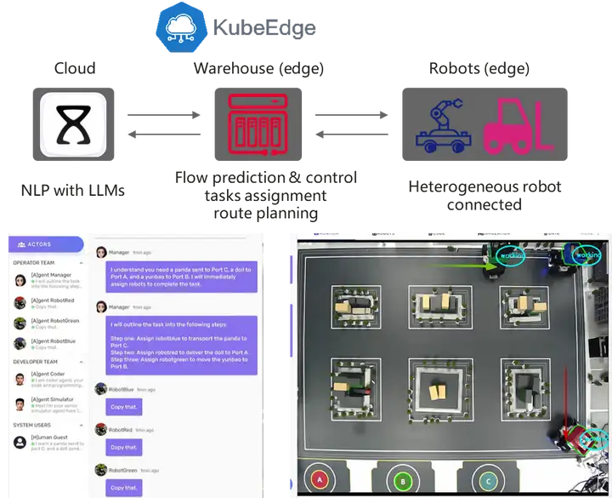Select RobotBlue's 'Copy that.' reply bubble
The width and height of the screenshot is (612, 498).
(x=124, y=407)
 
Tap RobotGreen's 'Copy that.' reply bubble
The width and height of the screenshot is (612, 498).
(x=124, y=487)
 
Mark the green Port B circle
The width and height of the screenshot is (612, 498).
(x=402, y=480)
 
